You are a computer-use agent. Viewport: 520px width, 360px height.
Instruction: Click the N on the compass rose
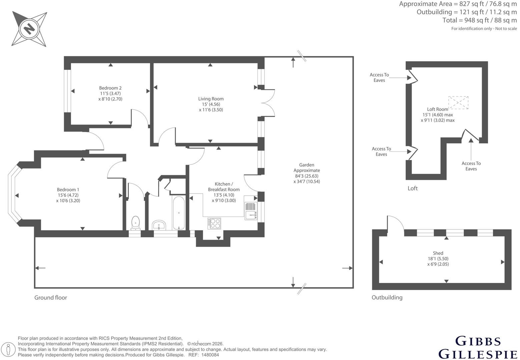pyautogui.click(x=29, y=29)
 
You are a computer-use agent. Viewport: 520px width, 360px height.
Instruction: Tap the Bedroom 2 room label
pyautogui.click(x=110, y=88)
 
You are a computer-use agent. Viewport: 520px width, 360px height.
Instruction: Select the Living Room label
pyautogui.click(x=211, y=99)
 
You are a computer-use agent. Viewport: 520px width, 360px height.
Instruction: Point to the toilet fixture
pyautogui.click(x=135, y=223)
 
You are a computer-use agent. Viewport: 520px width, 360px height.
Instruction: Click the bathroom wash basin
pyautogui.click(x=159, y=225)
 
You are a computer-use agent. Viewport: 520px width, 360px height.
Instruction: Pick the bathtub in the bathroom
pyautogui.click(x=179, y=213)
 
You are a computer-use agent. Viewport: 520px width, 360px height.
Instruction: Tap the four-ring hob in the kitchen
pyautogui.click(x=214, y=223)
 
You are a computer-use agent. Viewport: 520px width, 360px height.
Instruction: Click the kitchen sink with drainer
pyautogui.click(x=251, y=211)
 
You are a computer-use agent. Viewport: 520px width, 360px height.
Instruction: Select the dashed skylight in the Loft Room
pyautogui.click(x=458, y=103)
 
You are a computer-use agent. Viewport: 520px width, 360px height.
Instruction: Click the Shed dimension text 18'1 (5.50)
pyautogui.click(x=438, y=259)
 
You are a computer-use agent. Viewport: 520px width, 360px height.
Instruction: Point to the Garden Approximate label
pyautogui.click(x=307, y=167)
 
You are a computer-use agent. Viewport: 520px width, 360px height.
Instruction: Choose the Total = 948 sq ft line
pyautogui.click(x=479, y=20)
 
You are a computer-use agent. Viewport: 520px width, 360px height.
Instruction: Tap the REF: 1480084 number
pyautogui.click(x=203, y=355)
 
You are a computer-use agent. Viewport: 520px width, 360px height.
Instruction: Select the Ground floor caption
pyautogui.click(x=51, y=298)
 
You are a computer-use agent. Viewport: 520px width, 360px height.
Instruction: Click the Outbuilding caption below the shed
pyautogui.click(x=387, y=298)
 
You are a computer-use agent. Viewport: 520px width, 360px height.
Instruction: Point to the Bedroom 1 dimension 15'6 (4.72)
pyautogui.click(x=68, y=195)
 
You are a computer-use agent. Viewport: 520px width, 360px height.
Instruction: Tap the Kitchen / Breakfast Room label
pyautogui.click(x=224, y=187)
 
